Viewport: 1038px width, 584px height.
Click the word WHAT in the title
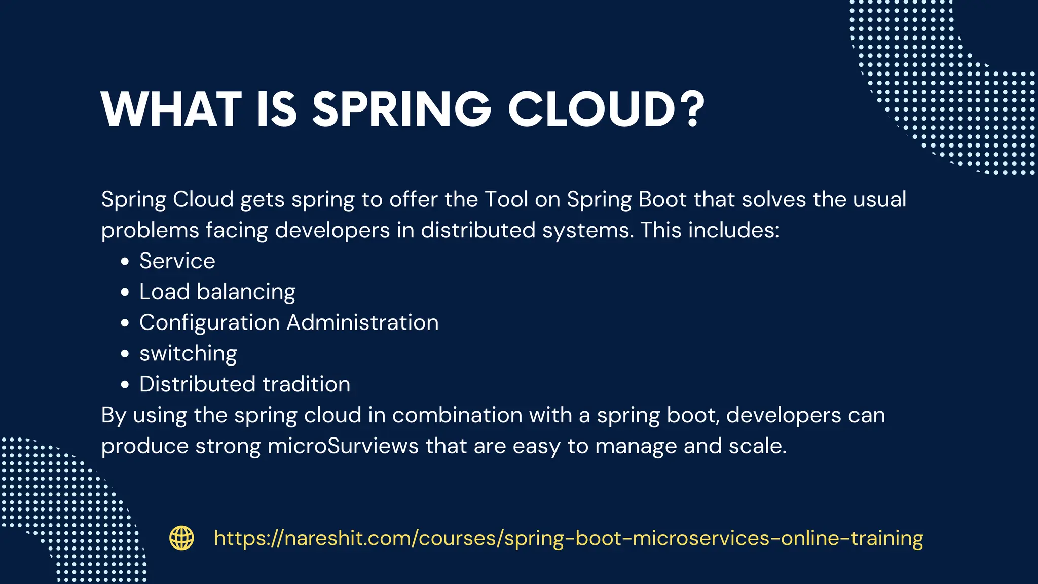(171, 109)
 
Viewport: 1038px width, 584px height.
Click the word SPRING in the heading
(401, 109)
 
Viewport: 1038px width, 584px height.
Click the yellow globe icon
(181, 538)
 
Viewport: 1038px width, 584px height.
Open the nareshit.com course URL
(568, 538)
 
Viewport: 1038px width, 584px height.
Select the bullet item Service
(177, 261)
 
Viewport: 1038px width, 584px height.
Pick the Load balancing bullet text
(217, 292)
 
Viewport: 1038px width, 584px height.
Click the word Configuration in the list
(209, 323)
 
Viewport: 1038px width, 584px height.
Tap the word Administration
(362, 323)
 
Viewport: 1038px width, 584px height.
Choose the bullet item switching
(188, 354)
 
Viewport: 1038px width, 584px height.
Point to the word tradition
(306, 384)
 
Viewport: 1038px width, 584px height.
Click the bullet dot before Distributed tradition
(125, 385)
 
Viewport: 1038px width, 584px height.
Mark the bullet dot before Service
(125, 262)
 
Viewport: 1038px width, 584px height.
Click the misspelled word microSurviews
(343, 446)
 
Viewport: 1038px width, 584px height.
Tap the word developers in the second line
(332, 231)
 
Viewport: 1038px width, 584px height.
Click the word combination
(457, 415)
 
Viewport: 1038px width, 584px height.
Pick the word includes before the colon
(733, 231)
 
